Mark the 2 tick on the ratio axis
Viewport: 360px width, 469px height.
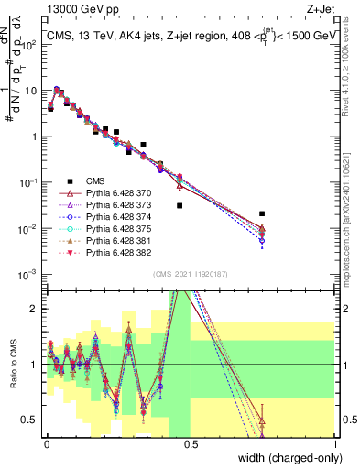pos(37,308)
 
